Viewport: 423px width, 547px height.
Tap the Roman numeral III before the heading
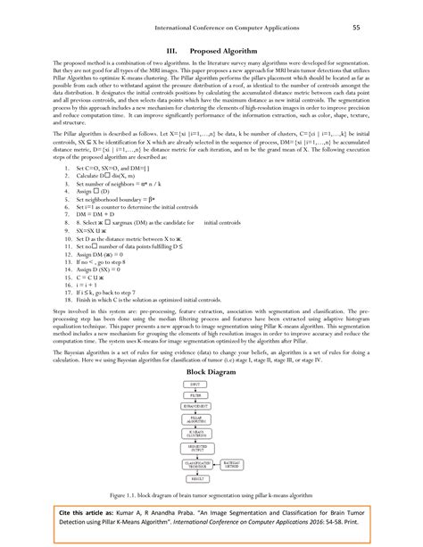161,52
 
